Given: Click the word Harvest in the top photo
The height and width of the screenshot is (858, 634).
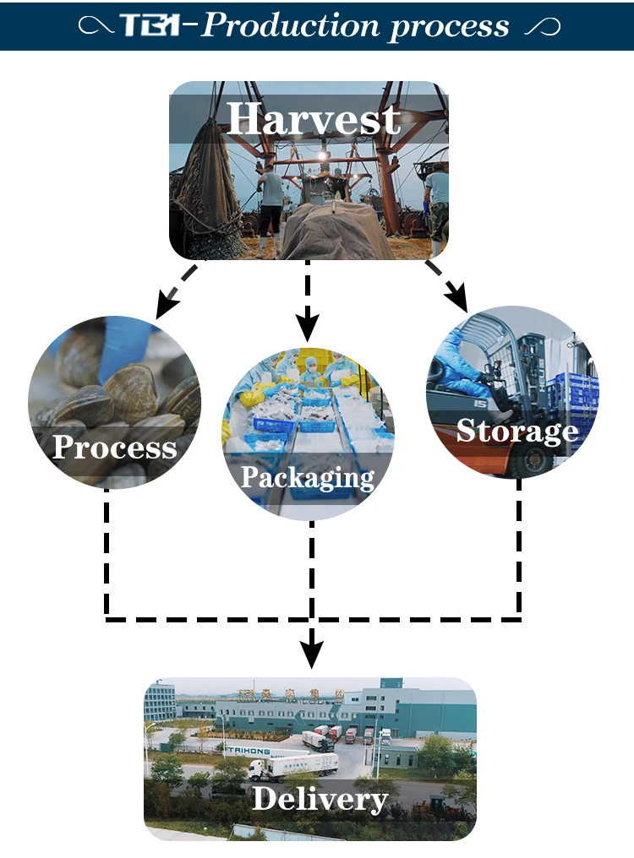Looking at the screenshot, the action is pyautogui.click(x=313, y=119).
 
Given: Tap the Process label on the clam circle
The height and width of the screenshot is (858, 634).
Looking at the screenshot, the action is pyautogui.click(x=114, y=446).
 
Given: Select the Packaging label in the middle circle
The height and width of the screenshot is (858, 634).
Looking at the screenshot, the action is pyautogui.click(x=307, y=477).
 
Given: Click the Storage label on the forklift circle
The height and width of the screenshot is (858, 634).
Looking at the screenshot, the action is pyautogui.click(x=516, y=431).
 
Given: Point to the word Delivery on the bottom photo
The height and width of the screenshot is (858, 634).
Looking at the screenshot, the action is pyautogui.click(x=320, y=797).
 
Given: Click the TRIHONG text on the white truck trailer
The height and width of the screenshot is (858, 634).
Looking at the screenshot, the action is pyautogui.click(x=246, y=749).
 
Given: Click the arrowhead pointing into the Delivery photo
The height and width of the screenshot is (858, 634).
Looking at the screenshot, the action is pyautogui.click(x=312, y=652).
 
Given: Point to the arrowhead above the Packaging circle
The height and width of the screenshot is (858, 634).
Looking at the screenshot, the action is pyautogui.click(x=308, y=325).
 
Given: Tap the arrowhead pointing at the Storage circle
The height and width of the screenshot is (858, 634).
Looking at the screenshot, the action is pyautogui.click(x=457, y=300).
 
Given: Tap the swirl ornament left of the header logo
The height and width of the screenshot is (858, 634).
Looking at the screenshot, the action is pyautogui.click(x=96, y=27).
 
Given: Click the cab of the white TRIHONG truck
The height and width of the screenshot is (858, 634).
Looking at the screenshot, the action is pyautogui.click(x=257, y=768).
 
